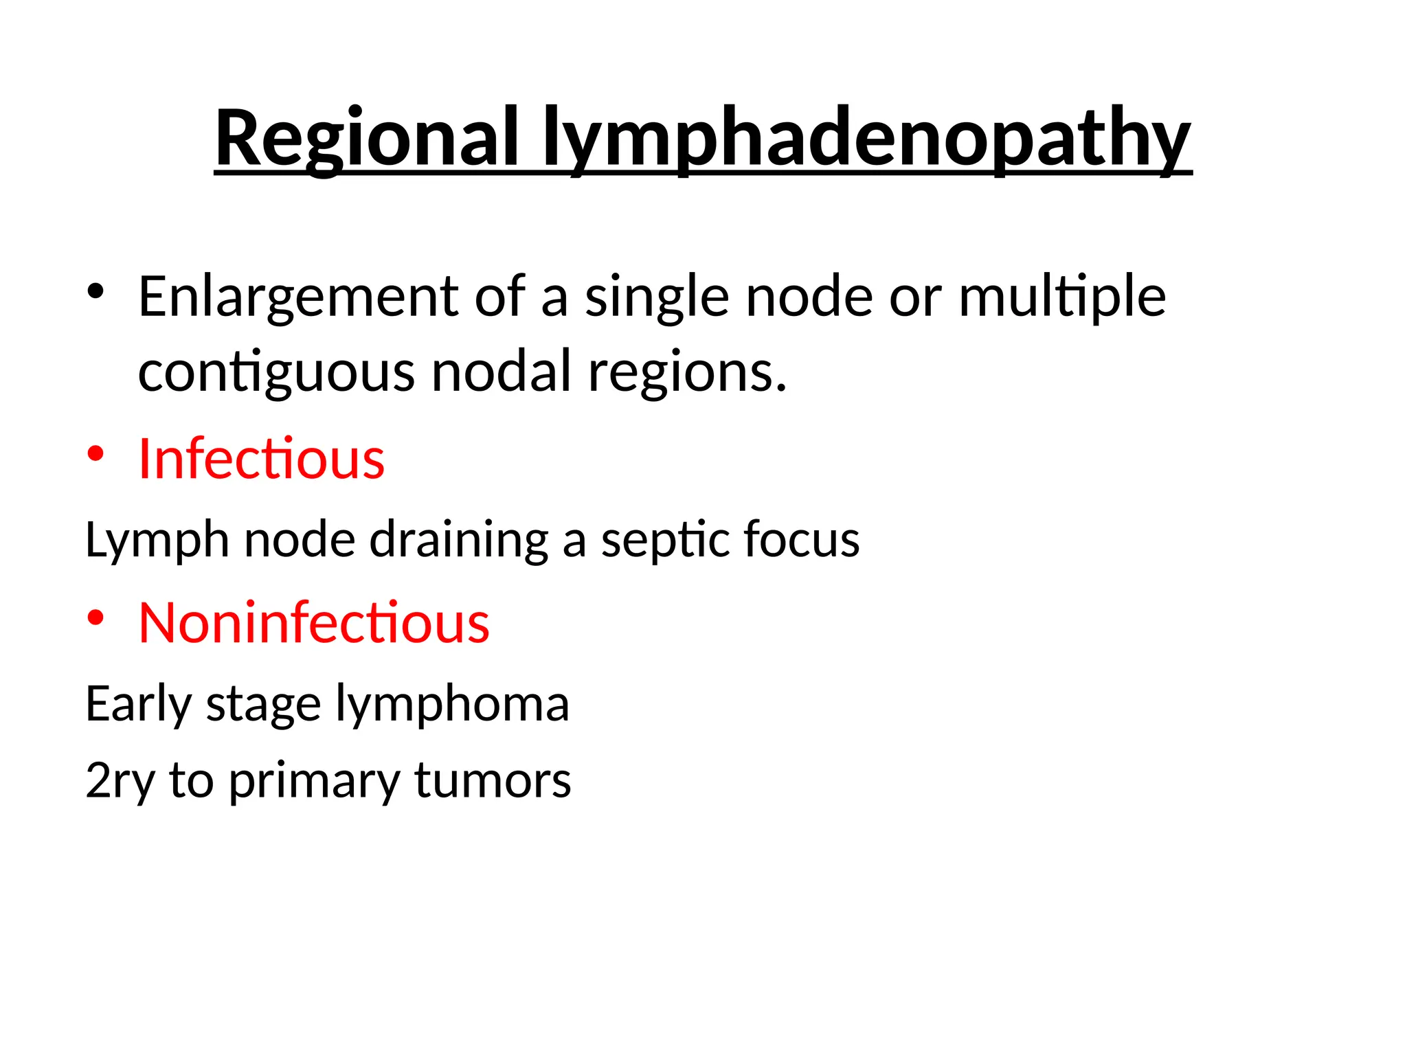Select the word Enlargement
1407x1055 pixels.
298,297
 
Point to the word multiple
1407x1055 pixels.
1061,297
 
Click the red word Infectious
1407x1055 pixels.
261,459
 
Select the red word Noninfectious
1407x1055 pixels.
314,622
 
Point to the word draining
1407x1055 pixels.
459,540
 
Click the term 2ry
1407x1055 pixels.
120,780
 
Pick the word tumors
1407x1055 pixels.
492,780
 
